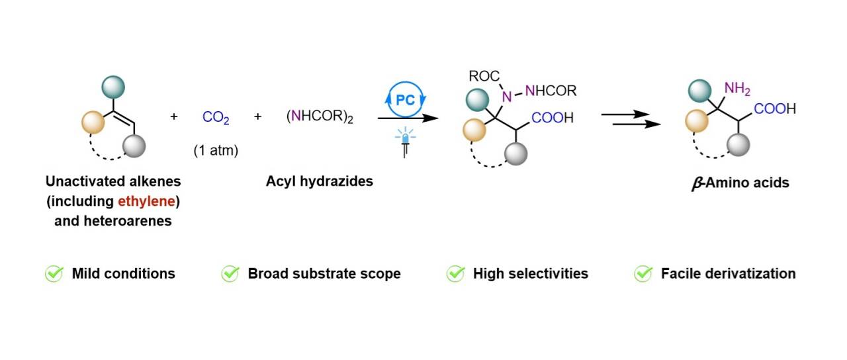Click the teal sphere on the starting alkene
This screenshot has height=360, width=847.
(x=113, y=87)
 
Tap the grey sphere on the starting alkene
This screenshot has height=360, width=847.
(x=134, y=146)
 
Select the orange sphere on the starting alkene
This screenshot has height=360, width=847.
(x=93, y=122)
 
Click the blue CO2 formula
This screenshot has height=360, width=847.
(x=216, y=117)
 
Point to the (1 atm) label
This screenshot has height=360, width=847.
(x=216, y=150)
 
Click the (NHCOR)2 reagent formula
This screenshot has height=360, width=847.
(x=320, y=116)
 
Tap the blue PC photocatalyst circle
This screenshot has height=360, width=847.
(x=406, y=99)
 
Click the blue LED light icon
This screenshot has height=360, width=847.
(x=405, y=142)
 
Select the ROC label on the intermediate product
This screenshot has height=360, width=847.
(x=484, y=76)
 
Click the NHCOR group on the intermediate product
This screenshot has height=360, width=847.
(x=551, y=91)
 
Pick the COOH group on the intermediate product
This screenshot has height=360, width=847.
(x=553, y=118)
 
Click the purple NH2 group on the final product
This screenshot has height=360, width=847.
(x=737, y=89)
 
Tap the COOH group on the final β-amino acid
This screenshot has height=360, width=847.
(x=775, y=109)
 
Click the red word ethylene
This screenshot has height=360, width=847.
(x=146, y=201)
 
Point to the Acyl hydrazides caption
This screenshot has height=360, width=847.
(x=320, y=181)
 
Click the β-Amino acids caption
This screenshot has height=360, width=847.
(x=740, y=183)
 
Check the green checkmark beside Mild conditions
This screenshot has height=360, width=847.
(x=54, y=273)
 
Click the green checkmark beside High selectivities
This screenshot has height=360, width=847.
(x=456, y=273)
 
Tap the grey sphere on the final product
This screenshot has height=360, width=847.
(x=738, y=144)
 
